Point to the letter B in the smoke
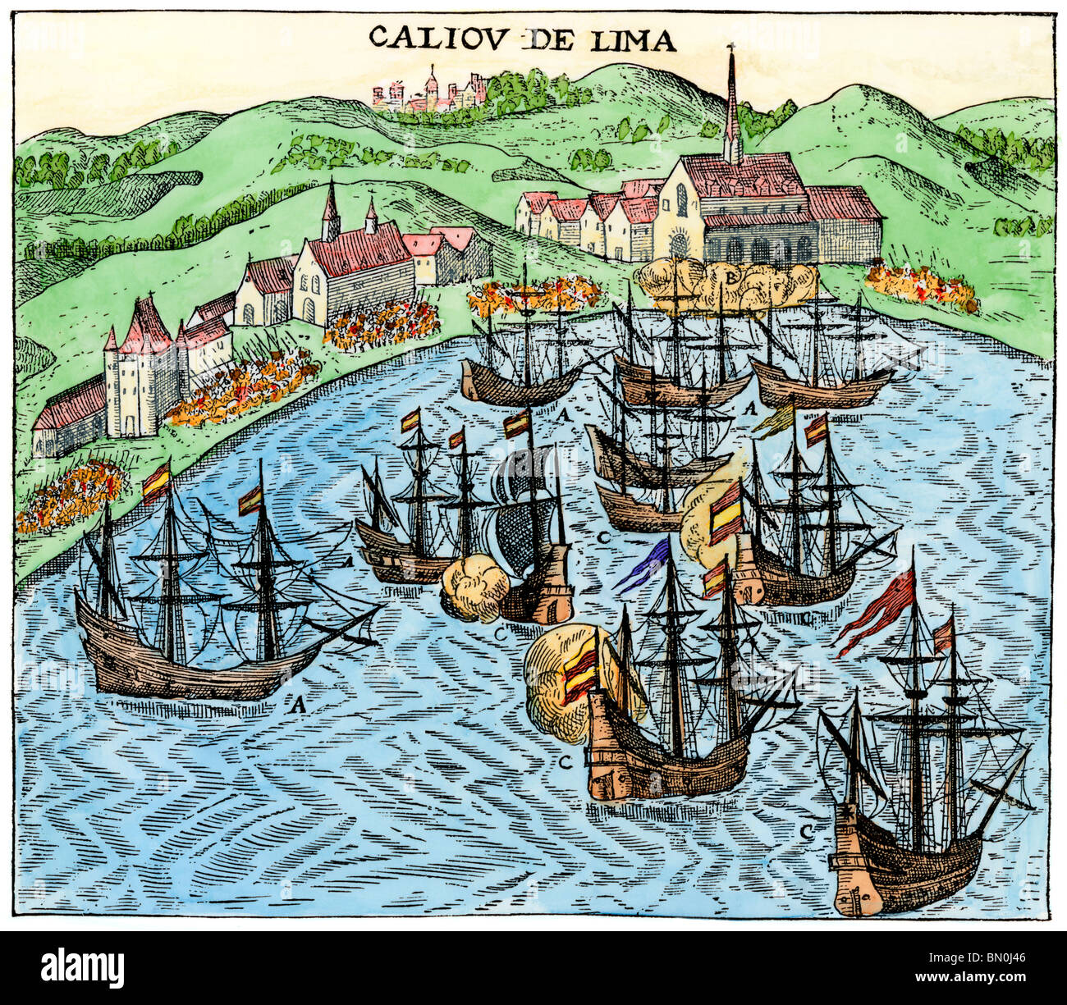pos(729,276)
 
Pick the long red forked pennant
pos(877,611)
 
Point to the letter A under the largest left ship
pos(299,702)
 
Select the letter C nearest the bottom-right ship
pos(807,831)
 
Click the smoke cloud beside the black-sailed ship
pos(475,587)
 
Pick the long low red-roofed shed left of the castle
pos(70,418)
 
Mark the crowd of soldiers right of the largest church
pos(919,287)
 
